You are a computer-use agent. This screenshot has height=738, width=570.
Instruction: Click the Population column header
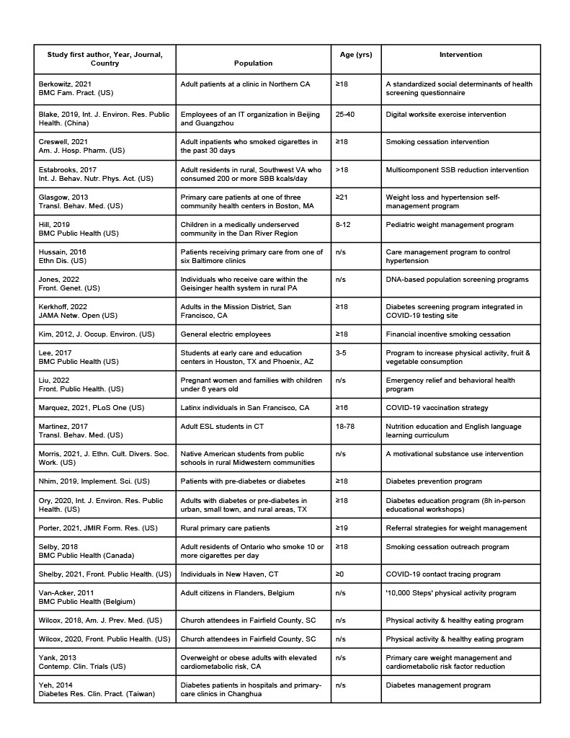tap(253, 63)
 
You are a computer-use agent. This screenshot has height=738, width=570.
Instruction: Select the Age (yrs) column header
tap(356, 55)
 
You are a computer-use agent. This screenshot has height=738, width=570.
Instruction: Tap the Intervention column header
tap(460, 55)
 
